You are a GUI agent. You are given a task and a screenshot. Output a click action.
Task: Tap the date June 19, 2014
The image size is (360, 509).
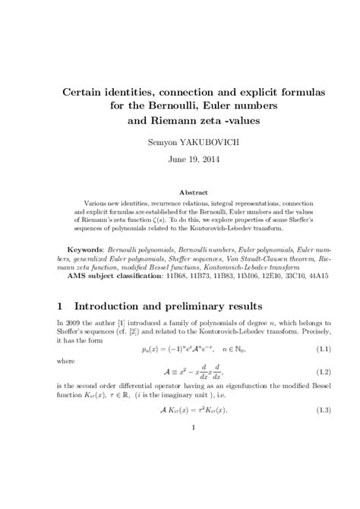[x=180, y=160]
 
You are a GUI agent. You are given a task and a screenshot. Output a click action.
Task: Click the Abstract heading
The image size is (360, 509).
[x=180, y=192]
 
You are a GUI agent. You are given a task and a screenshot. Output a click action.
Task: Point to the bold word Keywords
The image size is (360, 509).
[x=86, y=248]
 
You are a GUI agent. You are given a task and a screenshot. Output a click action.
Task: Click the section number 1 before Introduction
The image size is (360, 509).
[x=61, y=306]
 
